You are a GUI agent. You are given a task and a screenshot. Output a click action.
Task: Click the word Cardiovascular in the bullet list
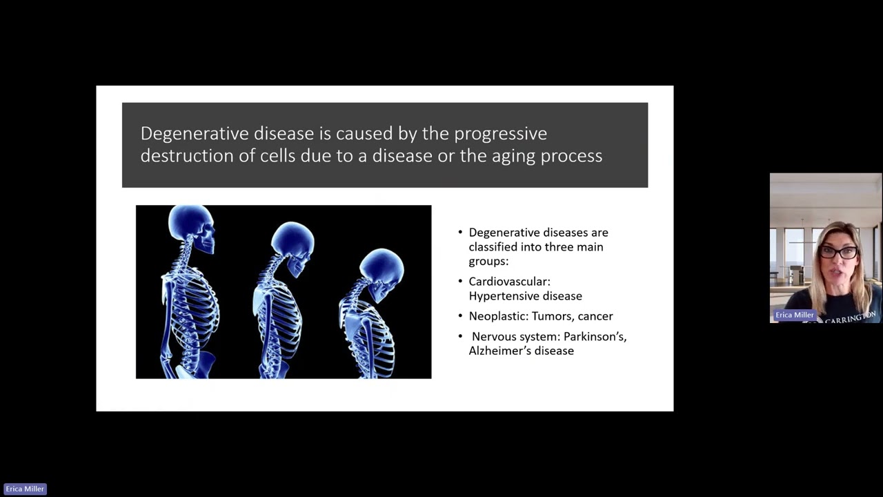tap(509, 282)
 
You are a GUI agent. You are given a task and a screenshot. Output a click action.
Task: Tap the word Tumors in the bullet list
tap(549, 316)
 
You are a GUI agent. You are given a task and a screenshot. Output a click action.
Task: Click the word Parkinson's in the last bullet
tap(595, 336)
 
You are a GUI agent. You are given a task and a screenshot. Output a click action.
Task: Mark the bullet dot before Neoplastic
tap(461, 316)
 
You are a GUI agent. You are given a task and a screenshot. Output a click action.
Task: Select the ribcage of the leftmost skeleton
tap(193, 304)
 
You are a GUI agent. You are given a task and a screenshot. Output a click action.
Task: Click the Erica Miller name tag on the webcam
tap(794, 315)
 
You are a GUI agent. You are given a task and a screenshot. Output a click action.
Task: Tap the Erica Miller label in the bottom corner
tap(25, 489)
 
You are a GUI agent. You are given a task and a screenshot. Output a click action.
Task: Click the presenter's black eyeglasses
tap(838, 253)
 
